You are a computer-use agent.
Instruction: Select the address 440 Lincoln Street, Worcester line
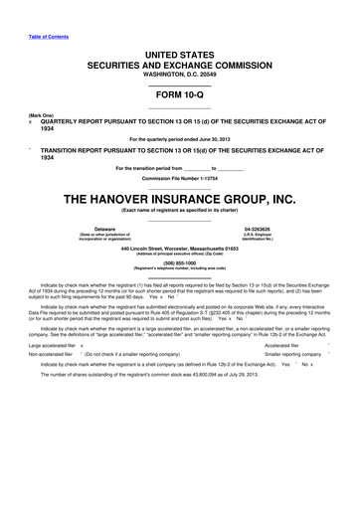(x=179, y=247)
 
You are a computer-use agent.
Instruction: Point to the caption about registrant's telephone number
(x=179, y=269)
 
